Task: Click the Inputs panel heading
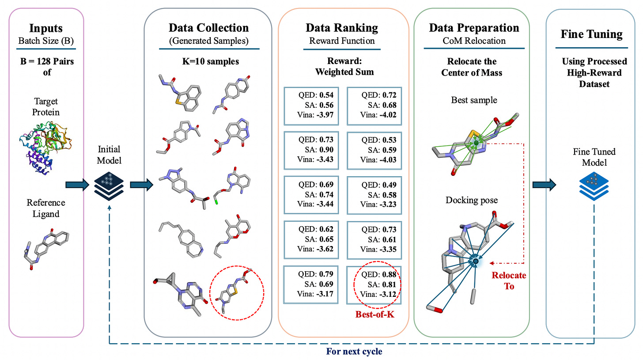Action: tap(46, 28)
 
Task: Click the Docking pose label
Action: tap(472, 200)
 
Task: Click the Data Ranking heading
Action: tap(342, 28)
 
